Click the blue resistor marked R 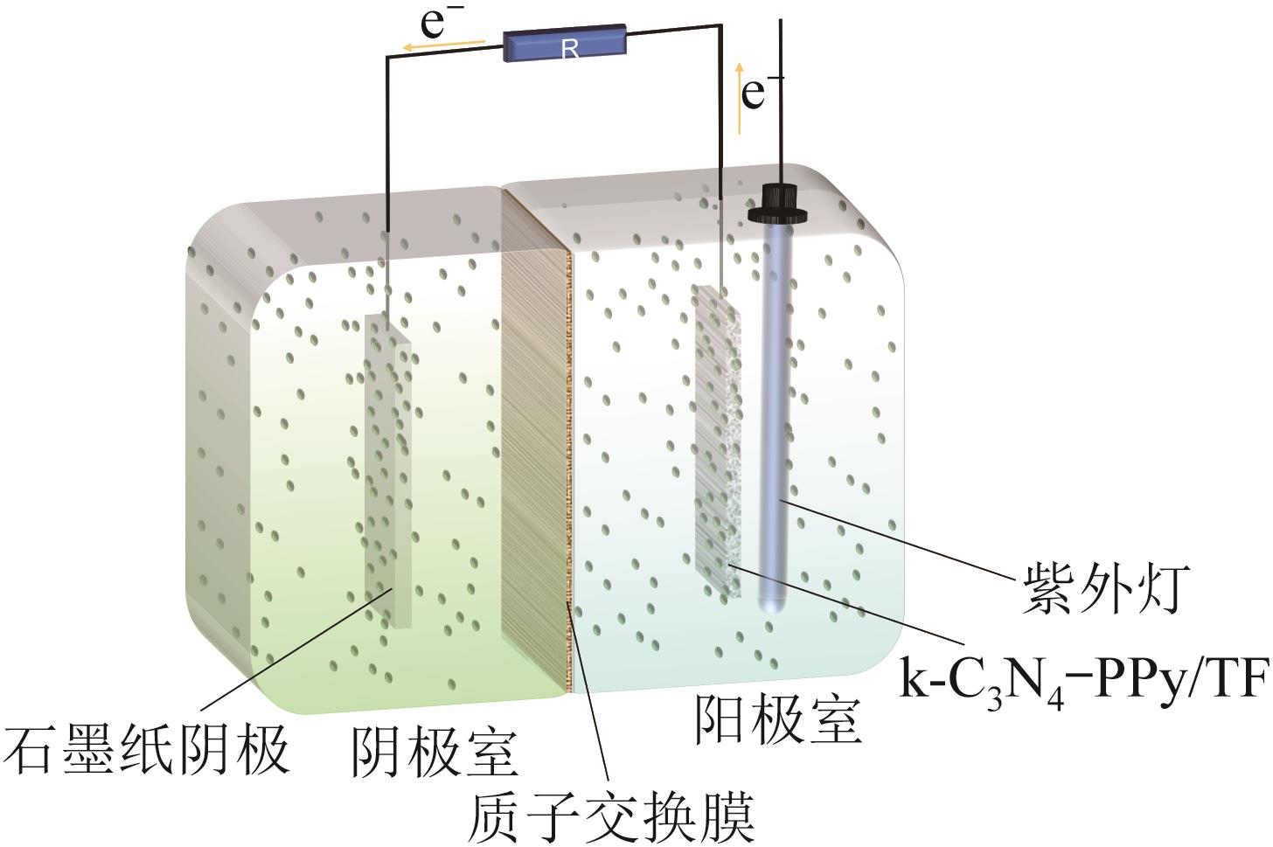tap(564, 44)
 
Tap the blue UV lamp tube tap(776, 393)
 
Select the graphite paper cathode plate tap(387, 472)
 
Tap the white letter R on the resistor tap(570, 50)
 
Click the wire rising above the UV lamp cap tap(780, 87)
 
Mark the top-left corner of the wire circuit tap(387, 59)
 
